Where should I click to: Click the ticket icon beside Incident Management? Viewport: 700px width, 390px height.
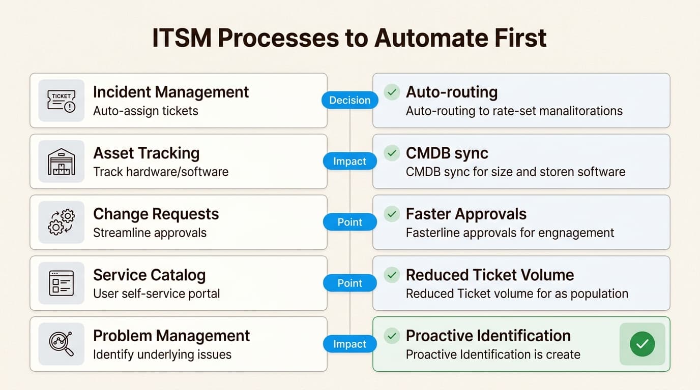click(x=61, y=101)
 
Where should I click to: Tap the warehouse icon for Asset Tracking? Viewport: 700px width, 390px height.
click(x=61, y=161)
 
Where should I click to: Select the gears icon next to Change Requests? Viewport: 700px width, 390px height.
click(x=61, y=222)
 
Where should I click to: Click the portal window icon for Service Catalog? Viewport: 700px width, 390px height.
click(x=61, y=283)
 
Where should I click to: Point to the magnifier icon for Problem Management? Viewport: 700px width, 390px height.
click(x=61, y=344)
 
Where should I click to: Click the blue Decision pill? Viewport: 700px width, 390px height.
click(x=349, y=101)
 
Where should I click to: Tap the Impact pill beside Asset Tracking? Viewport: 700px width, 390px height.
click(x=349, y=161)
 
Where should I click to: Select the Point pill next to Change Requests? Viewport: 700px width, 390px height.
click(x=349, y=222)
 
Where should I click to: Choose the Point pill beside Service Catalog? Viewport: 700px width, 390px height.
click(x=349, y=283)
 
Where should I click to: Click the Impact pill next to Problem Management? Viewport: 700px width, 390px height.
click(x=349, y=344)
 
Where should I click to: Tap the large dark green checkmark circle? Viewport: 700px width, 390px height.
click(x=642, y=344)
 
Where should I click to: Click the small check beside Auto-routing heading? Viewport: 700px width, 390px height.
click(x=392, y=92)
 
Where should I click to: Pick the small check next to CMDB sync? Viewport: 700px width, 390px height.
click(x=392, y=153)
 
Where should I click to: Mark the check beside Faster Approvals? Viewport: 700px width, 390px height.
click(x=392, y=214)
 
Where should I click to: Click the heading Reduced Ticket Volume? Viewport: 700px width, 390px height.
click(x=489, y=275)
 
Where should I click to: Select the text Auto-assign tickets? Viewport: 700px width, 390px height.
click(x=145, y=111)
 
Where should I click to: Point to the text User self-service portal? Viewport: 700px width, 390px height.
click(x=156, y=294)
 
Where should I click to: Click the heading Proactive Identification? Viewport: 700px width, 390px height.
click(x=488, y=336)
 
